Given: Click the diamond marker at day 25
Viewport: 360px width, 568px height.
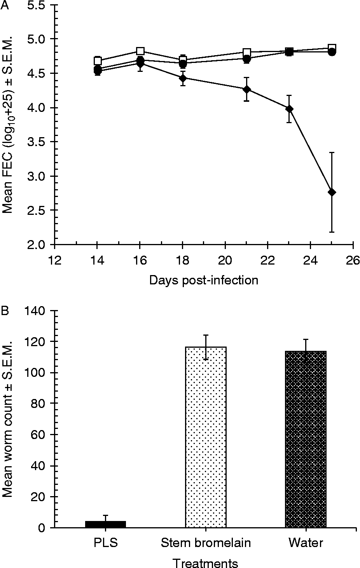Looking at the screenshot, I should point(332,192).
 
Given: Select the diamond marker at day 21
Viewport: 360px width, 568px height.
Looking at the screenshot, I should point(246,89).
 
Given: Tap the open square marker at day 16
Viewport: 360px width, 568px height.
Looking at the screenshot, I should point(140,51).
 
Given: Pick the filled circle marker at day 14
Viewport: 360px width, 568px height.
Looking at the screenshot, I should point(98,70).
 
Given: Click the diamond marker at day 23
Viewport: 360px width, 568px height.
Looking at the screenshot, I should point(289,109).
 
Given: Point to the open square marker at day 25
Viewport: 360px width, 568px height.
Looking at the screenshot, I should point(332,48).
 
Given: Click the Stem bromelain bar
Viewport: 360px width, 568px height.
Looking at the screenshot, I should point(206,437).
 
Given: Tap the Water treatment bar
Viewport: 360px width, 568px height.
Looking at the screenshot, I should point(306,439).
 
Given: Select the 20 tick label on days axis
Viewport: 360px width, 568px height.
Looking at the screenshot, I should point(225,260).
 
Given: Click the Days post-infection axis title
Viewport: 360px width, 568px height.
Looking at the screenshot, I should point(203,280).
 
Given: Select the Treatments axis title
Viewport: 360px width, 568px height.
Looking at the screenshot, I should point(205,563).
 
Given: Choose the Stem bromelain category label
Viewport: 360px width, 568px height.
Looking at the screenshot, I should point(206,543).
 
